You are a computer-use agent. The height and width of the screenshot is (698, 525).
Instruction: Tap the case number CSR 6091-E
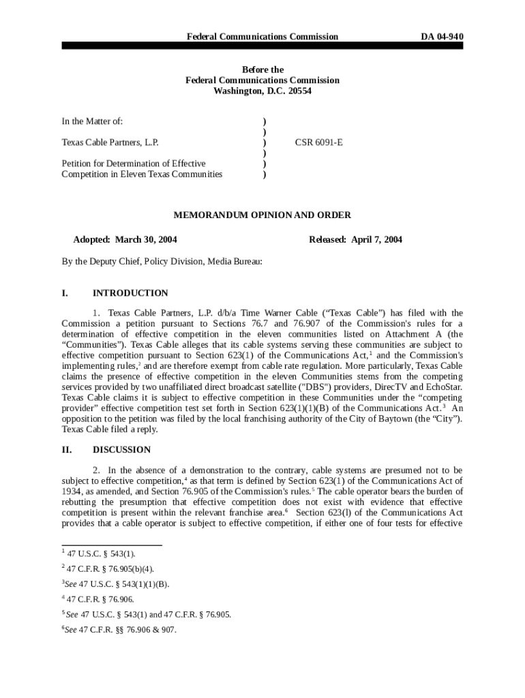coord(318,143)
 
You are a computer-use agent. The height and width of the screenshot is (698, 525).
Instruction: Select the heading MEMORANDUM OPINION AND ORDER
coord(262,215)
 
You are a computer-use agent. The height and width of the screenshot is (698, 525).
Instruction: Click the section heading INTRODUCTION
coord(130,293)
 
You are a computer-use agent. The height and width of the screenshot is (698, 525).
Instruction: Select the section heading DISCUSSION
coord(121,450)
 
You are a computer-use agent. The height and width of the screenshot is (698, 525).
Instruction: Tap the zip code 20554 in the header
coord(297,91)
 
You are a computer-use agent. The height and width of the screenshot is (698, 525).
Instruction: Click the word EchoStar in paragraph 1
coord(444,387)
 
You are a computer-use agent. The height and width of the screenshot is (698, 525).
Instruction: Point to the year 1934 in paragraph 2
coord(72,491)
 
